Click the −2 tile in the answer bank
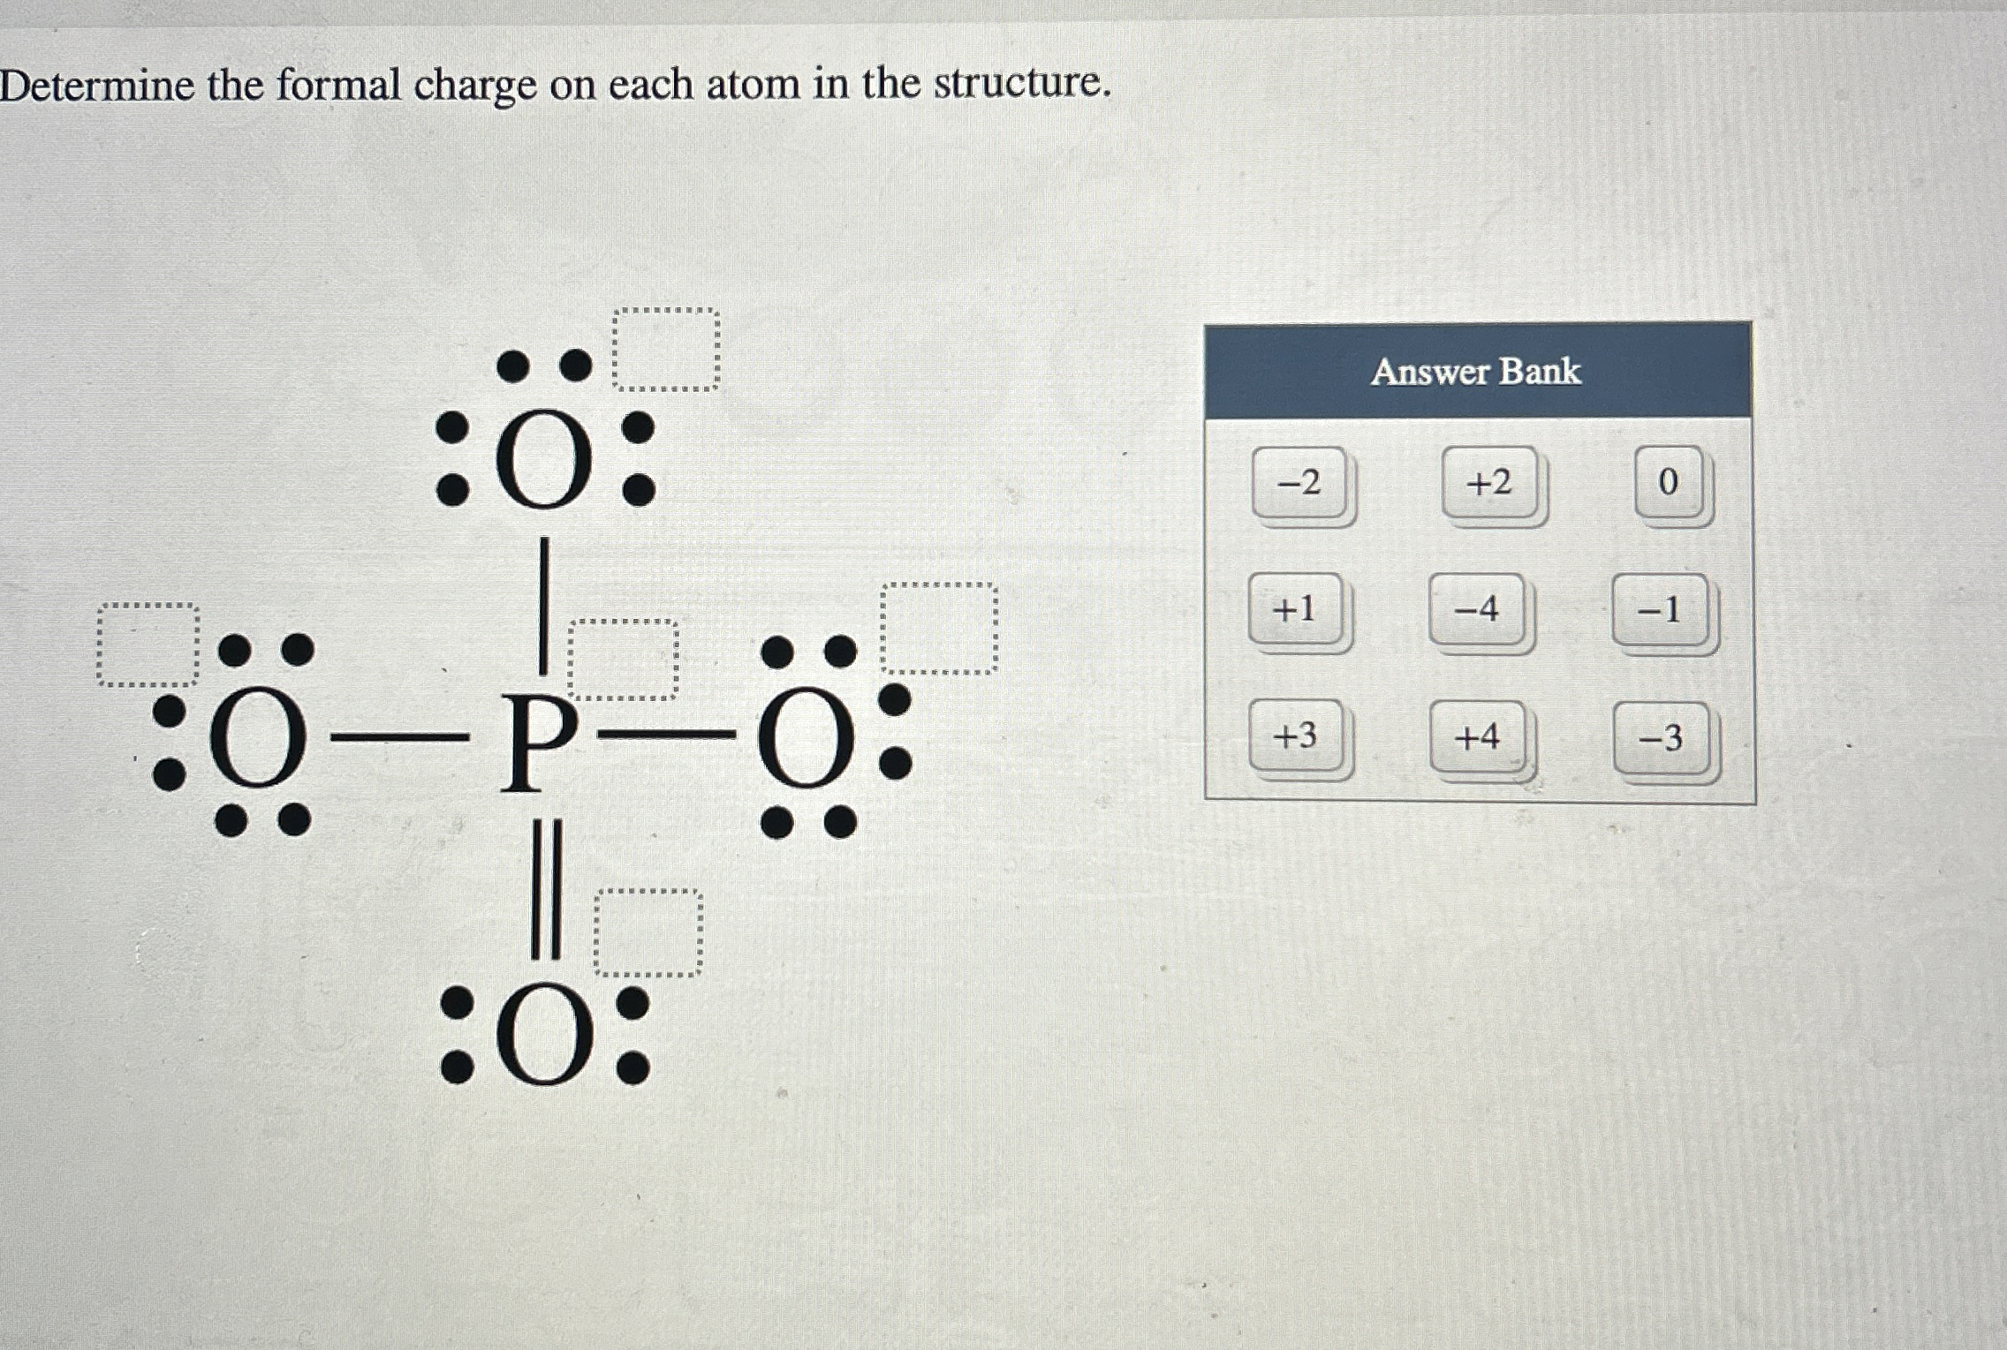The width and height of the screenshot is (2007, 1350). pyautogui.click(x=1299, y=483)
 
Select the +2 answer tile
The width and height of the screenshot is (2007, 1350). pyautogui.click(x=1489, y=483)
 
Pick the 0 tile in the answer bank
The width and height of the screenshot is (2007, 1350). pyautogui.click(x=1668, y=483)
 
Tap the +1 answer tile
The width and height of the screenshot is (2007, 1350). pyautogui.click(x=1294, y=609)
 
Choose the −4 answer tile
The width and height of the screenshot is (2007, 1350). pyautogui.click(x=1477, y=609)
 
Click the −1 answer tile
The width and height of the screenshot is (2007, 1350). pyautogui.click(x=1659, y=610)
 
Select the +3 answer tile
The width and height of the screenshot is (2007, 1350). pyautogui.click(x=1295, y=735)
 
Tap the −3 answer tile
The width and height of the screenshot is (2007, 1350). pyautogui.click(x=1661, y=738)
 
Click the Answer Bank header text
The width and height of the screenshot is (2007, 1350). pyautogui.click(x=1476, y=372)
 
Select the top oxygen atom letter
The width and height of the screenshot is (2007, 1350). pyautogui.click(x=544, y=458)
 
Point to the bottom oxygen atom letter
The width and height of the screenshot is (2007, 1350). pyautogui.click(x=544, y=1036)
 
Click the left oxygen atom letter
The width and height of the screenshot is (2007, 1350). pyautogui.click(x=257, y=739)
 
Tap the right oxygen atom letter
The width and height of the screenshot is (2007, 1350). pyautogui.click(x=805, y=740)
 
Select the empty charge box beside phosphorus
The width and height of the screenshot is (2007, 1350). pyautogui.click(x=623, y=660)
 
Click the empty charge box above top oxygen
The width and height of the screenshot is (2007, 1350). pyautogui.click(x=666, y=350)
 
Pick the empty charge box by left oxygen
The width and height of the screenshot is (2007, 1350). pyautogui.click(x=148, y=645)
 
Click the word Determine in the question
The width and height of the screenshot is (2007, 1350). pyautogui.click(x=97, y=87)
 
